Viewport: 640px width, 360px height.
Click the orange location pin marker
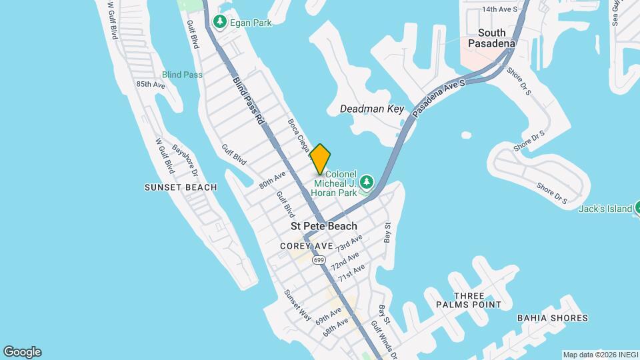coord(320,159)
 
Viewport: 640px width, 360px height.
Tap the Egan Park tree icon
coord(219,23)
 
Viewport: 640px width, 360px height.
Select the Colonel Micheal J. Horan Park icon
coord(365,183)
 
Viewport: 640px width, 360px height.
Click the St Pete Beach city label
coord(324,226)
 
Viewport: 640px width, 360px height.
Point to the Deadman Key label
coord(372,109)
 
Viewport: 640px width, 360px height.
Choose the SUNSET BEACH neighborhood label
coord(181,187)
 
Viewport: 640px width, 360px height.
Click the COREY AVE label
coord(306,246)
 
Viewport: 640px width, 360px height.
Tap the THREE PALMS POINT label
coord(468,300)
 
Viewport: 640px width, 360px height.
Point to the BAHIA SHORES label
coord(553,318)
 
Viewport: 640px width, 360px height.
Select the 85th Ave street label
coord(150,85)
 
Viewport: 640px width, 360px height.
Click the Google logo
coord(22,351)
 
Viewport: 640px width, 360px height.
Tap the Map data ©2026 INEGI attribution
coord(599,355)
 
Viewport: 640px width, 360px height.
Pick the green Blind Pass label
coord(182,75)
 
